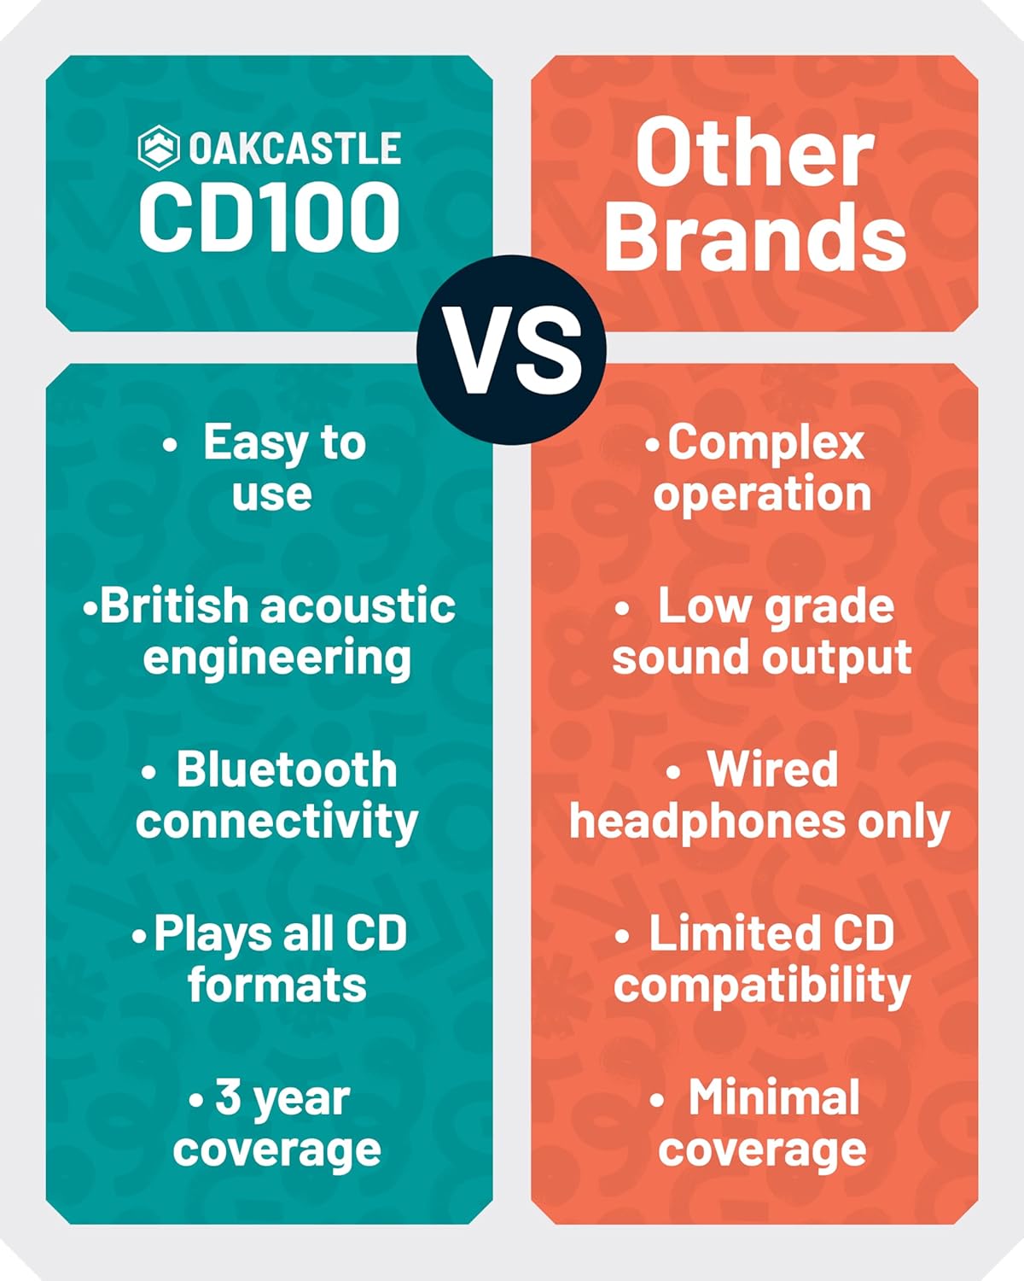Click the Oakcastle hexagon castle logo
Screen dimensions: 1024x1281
(x=158, y=148)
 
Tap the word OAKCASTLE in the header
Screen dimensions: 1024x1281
(x=295, y=148)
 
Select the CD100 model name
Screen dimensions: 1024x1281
(x=269, y=216)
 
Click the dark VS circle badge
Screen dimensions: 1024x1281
(x=512, y=350)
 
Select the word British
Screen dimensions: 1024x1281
(x=174, y=605)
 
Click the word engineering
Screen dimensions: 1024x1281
(x=277, y=659)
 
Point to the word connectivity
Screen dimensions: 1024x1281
(x=277, y=822)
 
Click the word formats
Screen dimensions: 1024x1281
(x=277, y=986)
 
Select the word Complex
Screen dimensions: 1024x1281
(x=765, y=444)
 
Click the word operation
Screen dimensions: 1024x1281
(x=762, y=494)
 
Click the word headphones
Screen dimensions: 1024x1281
(x=707, y=822)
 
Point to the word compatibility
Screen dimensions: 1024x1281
(x=762, y=986)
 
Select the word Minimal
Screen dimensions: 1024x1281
(x=774, y=1097)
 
